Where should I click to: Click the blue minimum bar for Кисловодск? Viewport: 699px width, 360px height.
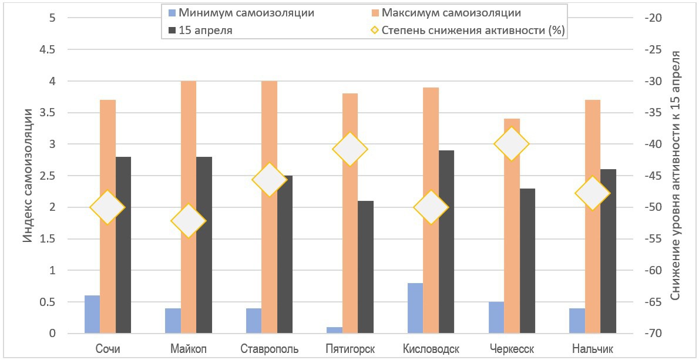tap(415, 308)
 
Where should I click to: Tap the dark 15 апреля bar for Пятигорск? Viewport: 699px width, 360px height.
tap(365, 267)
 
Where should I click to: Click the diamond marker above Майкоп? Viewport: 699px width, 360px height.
tap(189, 221)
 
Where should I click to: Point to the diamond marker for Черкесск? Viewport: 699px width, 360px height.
tap(512, 144)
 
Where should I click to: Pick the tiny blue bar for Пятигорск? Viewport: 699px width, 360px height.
tap(334, 330)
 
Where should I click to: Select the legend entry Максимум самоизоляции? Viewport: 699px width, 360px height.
tap(451, 12)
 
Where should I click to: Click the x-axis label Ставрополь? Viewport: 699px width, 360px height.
tap(270, 349)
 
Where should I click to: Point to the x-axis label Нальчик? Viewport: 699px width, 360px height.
tap(593, 349)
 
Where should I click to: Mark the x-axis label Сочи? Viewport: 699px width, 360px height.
tap(108, 349)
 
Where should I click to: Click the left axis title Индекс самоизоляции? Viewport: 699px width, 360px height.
tap(28, 176)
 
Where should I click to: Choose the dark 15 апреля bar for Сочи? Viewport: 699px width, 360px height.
tap(123, 245)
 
